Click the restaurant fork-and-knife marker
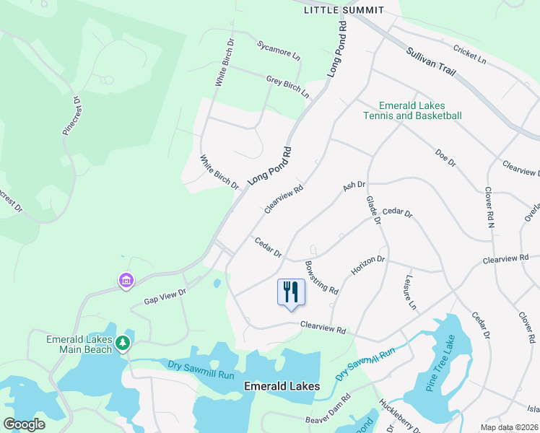pyautogui.click(x=291, y=292)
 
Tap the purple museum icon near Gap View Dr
pyautogui.click(x=126, y=280)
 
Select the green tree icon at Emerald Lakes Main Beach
pyautogui.click(x=123, y=342)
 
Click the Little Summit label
pyautogui.click(x=343, y=10)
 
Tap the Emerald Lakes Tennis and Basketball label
pyautogui.click(x=412, y=110)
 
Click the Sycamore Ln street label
pyautogui.click(x=279, y=50)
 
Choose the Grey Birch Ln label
pyautogui.click(x=287, y=87)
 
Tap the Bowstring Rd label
pyautogui.click(x=322, y=277)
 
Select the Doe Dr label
pyautogui.click(x=446, y=157)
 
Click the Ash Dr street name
pyautogui.click(x=354, y=186)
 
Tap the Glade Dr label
pyautogui.click(x=373, y=209)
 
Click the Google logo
pyautogui.click(x=25, y=424)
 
